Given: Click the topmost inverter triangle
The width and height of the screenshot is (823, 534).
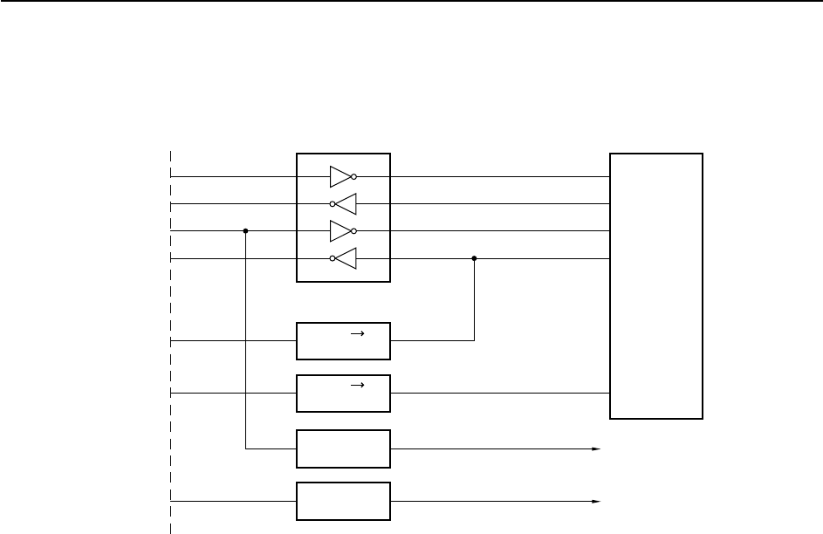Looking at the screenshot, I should (339, 176).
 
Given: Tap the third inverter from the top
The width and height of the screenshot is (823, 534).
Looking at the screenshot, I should (339, 231).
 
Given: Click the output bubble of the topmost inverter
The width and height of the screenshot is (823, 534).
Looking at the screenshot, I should (353, 176).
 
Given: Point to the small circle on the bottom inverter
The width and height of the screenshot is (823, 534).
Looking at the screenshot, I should (333, 258).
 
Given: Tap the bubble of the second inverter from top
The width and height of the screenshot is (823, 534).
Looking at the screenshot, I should (333, 203).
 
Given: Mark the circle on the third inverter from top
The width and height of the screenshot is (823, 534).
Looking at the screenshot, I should (353, 231).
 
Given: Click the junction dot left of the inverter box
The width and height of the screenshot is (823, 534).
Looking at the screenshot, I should (246, 231).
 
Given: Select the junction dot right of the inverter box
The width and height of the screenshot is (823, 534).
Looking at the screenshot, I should (474, 258).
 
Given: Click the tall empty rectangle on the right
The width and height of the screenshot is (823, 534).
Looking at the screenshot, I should (656, 286).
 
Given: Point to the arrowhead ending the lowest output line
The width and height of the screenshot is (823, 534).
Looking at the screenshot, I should (597, 502).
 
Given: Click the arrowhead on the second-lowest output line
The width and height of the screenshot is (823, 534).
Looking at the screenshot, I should (597, 449).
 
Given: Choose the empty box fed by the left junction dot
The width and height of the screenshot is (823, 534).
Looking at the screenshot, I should (344, 448).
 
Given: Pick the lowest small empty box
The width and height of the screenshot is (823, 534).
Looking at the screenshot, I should (344, 501).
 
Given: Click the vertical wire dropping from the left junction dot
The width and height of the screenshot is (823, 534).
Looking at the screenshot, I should (246, 349).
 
